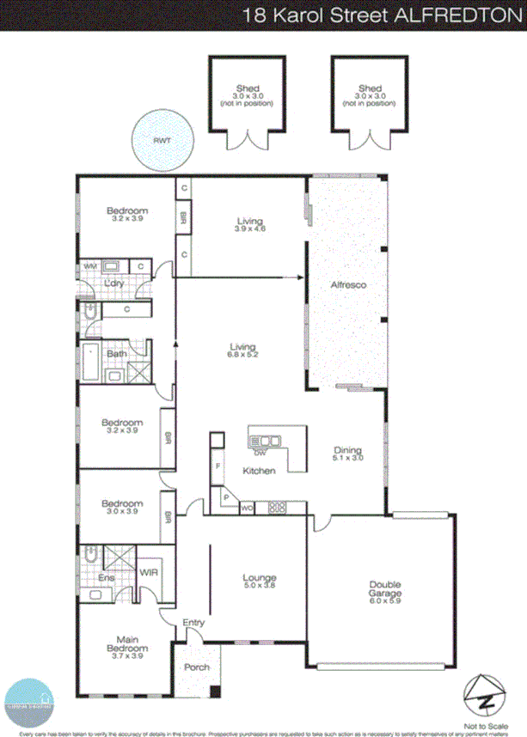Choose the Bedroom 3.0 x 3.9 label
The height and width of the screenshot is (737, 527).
(121, 508)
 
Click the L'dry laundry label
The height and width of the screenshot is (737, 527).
(111, 283)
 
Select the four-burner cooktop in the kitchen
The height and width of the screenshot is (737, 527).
(277, 507)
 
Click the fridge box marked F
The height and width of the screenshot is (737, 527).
(218, 466)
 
